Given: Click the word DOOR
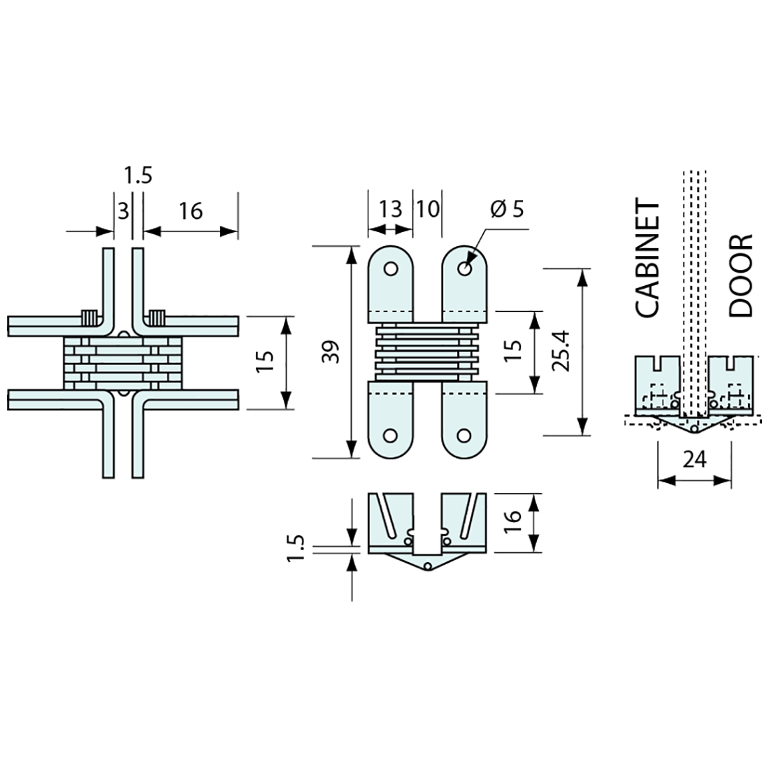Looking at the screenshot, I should [x=740, y=275].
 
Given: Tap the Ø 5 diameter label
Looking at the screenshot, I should [x=508, y=209].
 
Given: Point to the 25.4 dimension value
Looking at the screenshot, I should [x=565, y=352].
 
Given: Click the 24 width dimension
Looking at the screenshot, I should [x=694, y=459].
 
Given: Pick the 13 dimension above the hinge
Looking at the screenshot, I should [x=390, y=209].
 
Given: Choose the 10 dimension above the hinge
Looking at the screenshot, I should [x=428, y=209].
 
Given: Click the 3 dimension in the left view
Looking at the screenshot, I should [x=123, y=210].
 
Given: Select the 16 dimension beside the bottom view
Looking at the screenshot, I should [x=512, y=517].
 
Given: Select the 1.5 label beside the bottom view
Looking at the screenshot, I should [x=298, y=547].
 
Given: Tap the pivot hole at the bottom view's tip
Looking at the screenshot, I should [x=428, y=565].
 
